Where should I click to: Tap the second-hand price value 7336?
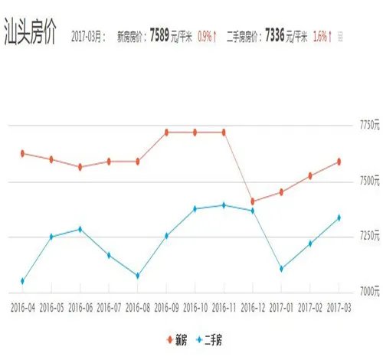[x=278, y=36]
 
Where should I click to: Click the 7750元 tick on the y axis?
[x=366, y=125]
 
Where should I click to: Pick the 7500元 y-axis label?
[x=366, y=182]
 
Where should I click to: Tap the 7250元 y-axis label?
[x=366, y=236]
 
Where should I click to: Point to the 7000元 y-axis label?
[x=366, y=292]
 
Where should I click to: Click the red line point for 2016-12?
[x=253, y=201]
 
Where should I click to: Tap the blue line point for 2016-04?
[x=22, y=281]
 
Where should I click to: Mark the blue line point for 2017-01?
[x=281, y=269]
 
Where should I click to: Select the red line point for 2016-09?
[x=166, y=132]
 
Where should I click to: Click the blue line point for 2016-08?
[x=137, y=276]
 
